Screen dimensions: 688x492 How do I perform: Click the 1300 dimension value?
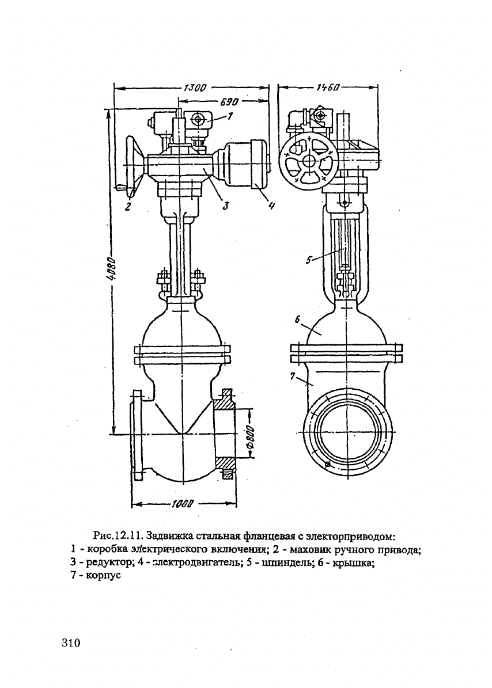click(x=195, y=88)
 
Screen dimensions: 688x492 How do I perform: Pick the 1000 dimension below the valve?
click(x=182, y=505)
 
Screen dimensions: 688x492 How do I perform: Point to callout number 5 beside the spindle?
click(x=308, y=260)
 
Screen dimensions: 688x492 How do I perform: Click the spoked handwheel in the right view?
click(x=310, y=161)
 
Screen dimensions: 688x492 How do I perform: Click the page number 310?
click(x=73, y=642)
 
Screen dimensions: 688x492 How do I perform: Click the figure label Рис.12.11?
click(x=118, y=537)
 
